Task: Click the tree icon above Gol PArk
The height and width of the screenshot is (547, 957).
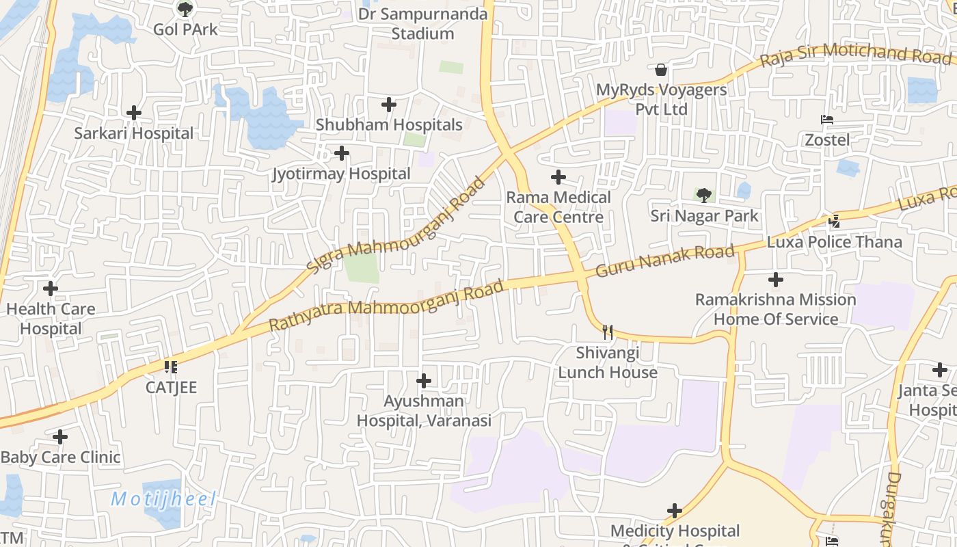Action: point(185,9)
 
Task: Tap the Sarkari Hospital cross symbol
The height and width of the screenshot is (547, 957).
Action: point(134,113)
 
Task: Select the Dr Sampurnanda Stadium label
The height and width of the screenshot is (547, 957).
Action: point(423,24)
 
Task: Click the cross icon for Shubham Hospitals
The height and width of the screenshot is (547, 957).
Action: point(389,105)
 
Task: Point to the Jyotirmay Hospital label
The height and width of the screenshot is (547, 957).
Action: point(341,174)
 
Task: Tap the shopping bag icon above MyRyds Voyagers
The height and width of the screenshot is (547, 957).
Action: point(660,70)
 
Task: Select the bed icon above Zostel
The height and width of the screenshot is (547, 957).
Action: point(827,120)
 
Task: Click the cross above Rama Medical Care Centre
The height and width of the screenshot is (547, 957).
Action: point(558,178)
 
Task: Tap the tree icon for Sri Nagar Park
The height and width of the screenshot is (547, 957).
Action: point(704,196)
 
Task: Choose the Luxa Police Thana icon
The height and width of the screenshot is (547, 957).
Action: point(834,221)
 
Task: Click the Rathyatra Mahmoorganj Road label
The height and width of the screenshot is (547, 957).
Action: point(386,305)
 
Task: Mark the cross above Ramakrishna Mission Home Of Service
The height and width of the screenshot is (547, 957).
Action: point(776,280)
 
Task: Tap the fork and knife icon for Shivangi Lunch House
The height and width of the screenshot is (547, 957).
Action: point(607,333)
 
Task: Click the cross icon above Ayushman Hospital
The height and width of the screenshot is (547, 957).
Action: point(424,381)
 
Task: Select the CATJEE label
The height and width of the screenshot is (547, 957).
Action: point(171,388)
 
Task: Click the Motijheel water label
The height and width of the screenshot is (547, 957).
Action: point(163,499)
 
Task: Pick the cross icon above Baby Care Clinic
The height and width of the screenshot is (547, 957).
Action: point(60,437)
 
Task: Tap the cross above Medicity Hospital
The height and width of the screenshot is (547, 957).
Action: point(675,511)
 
